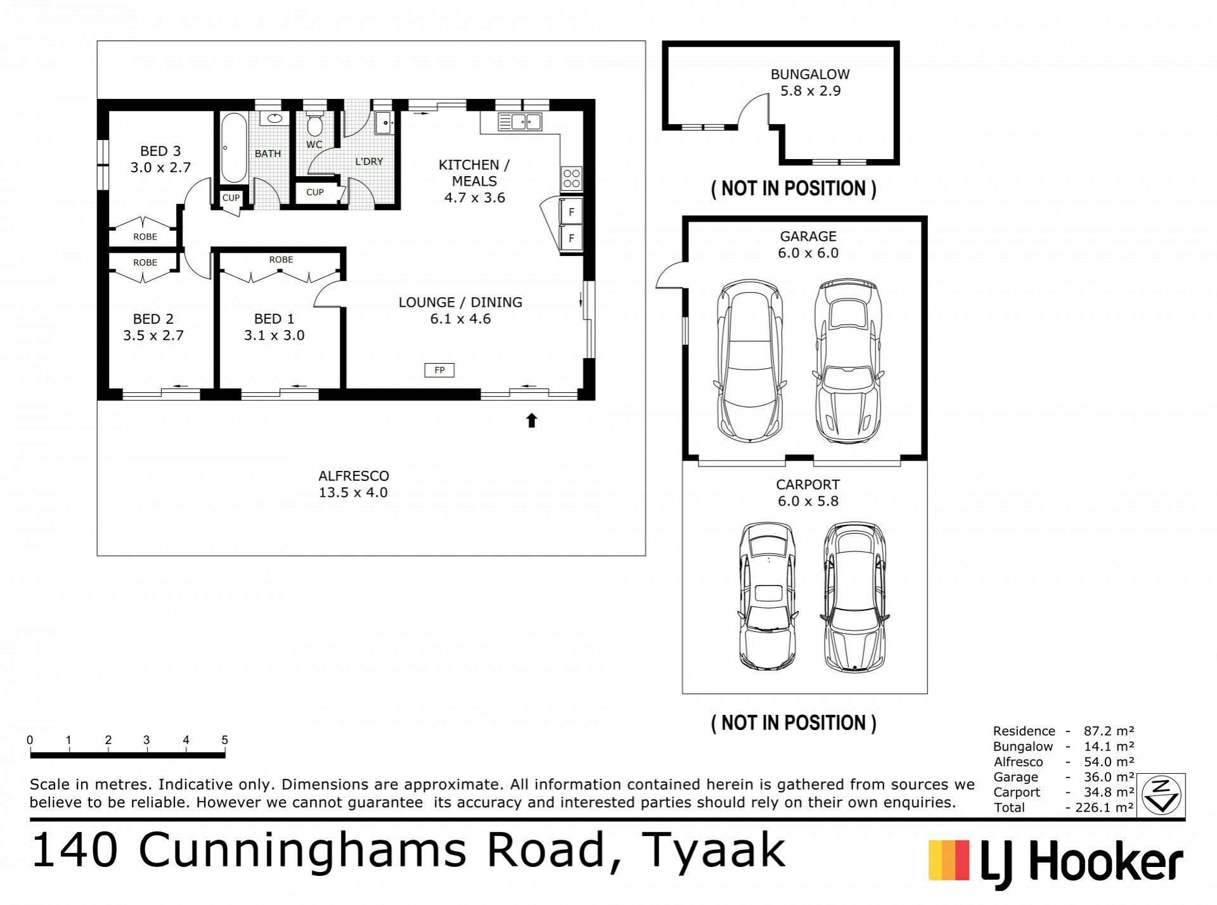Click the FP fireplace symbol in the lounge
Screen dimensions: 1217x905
pos(439,370)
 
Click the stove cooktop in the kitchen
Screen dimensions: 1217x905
pos(571,177)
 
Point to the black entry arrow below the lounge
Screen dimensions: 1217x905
pos(532,420)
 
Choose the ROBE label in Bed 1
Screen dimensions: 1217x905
pos(281,259)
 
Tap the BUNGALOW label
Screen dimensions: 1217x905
pos(810,74)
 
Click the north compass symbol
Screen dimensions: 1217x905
pos(1163,795)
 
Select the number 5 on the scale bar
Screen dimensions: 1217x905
pos(224,740)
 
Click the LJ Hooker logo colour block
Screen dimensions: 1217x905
pos(949,861)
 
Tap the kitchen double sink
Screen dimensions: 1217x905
pos(519,121)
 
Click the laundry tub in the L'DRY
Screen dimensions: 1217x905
pos(383,123)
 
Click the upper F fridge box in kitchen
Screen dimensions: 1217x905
pos(571,212)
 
